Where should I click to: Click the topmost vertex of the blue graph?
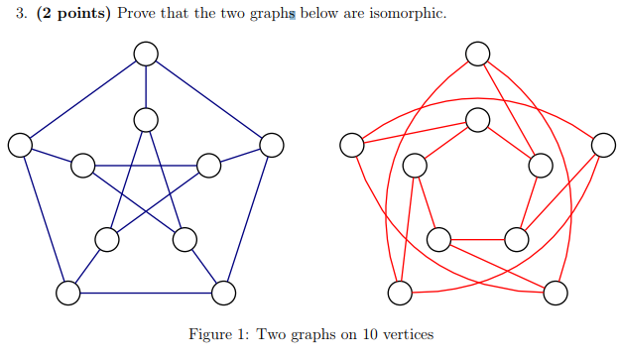pyautogui.click(x=146, y=54)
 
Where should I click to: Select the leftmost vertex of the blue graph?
pyautogui.click(x=19, y=145)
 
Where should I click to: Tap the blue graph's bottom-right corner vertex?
pyautogui.click(x=224, y=293)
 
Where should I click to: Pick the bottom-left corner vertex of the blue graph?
pyautogui.click(x=67, y=293)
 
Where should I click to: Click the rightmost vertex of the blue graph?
pyautogui.click(x=272, y=145)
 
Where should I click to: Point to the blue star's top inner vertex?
pyautogui.click(x=146, y=119)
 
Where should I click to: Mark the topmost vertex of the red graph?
pyautogui.click(x=477, y=54)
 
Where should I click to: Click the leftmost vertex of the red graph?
pyautogui.click(x=351, y=145)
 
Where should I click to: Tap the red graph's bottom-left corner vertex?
pyautogui.click(x=399, y=293)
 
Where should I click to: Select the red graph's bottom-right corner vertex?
pyautogui.click(x=556, y=293)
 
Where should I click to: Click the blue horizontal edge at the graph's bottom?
pyautogui.click(x=146, y=293)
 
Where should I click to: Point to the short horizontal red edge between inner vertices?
pyautogui.click(x=477, y=239)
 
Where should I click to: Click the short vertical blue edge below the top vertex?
pyautogui.click(x=146, y=86)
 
